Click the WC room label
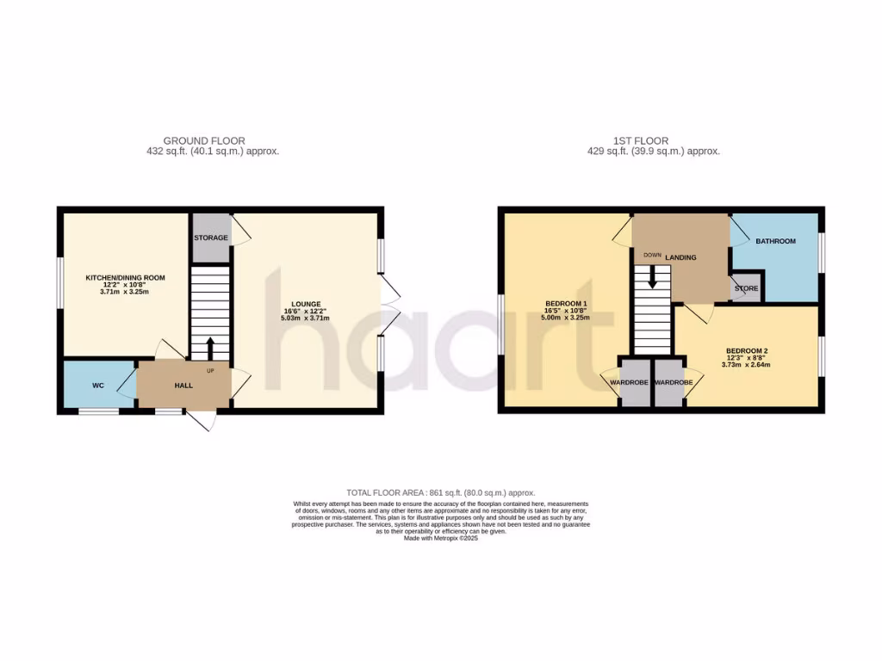(x=98, y=386)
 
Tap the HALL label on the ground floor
(x=183, y=386)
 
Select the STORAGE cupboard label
(x=211, y=238)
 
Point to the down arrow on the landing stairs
(x=652, y=276)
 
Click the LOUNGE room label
(x=306, y=304)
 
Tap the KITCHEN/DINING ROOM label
(x=125, y=278)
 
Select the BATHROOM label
(x=775, y=242)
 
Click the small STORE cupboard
(x=746, y=288)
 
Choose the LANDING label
(x=680, y=257)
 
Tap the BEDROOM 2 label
(x=747, y=351)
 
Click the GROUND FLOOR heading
(x=204, y=140)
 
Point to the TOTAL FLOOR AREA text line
(x=440, y=493)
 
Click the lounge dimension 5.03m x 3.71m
(x=306, y=318)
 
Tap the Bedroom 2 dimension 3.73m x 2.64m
(x=747, y=364)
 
